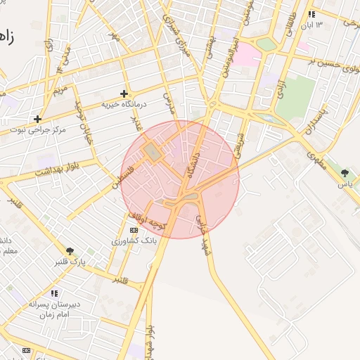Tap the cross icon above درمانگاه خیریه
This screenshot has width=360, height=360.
tap(124, 93)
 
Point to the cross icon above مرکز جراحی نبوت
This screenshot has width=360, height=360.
tap(37, 119)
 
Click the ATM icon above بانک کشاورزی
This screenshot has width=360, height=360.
tap(134, 230)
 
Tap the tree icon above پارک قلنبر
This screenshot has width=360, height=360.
tap(70, 250)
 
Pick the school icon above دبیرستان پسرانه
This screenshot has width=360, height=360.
tap(54, 293)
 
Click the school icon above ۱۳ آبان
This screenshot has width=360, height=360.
tap(311, 14)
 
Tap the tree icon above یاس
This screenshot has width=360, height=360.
tap(345, 173)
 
